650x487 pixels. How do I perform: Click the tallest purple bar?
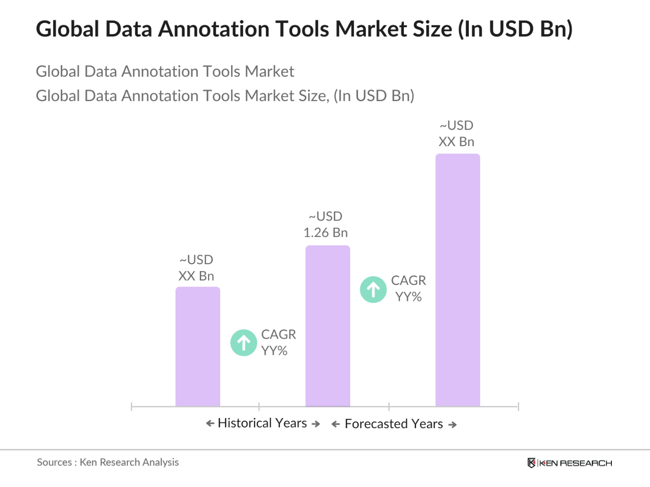457,280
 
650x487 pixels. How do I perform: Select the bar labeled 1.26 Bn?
327,326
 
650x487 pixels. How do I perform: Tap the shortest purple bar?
198,346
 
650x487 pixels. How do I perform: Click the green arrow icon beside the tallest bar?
373,290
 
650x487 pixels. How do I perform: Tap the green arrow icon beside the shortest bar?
244,343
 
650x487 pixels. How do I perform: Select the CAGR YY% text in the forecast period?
408,289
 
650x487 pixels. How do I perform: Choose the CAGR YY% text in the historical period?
278,343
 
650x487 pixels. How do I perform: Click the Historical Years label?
263,423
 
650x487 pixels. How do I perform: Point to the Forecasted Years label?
394,424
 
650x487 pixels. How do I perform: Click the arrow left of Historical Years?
210,423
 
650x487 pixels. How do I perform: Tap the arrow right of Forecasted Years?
452,425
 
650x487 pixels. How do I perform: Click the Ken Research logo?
570,463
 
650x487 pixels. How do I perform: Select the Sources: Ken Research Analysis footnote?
108,462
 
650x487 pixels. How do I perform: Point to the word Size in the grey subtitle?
313,96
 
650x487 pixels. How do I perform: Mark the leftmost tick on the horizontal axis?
131,406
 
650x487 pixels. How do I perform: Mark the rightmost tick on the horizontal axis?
518,406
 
